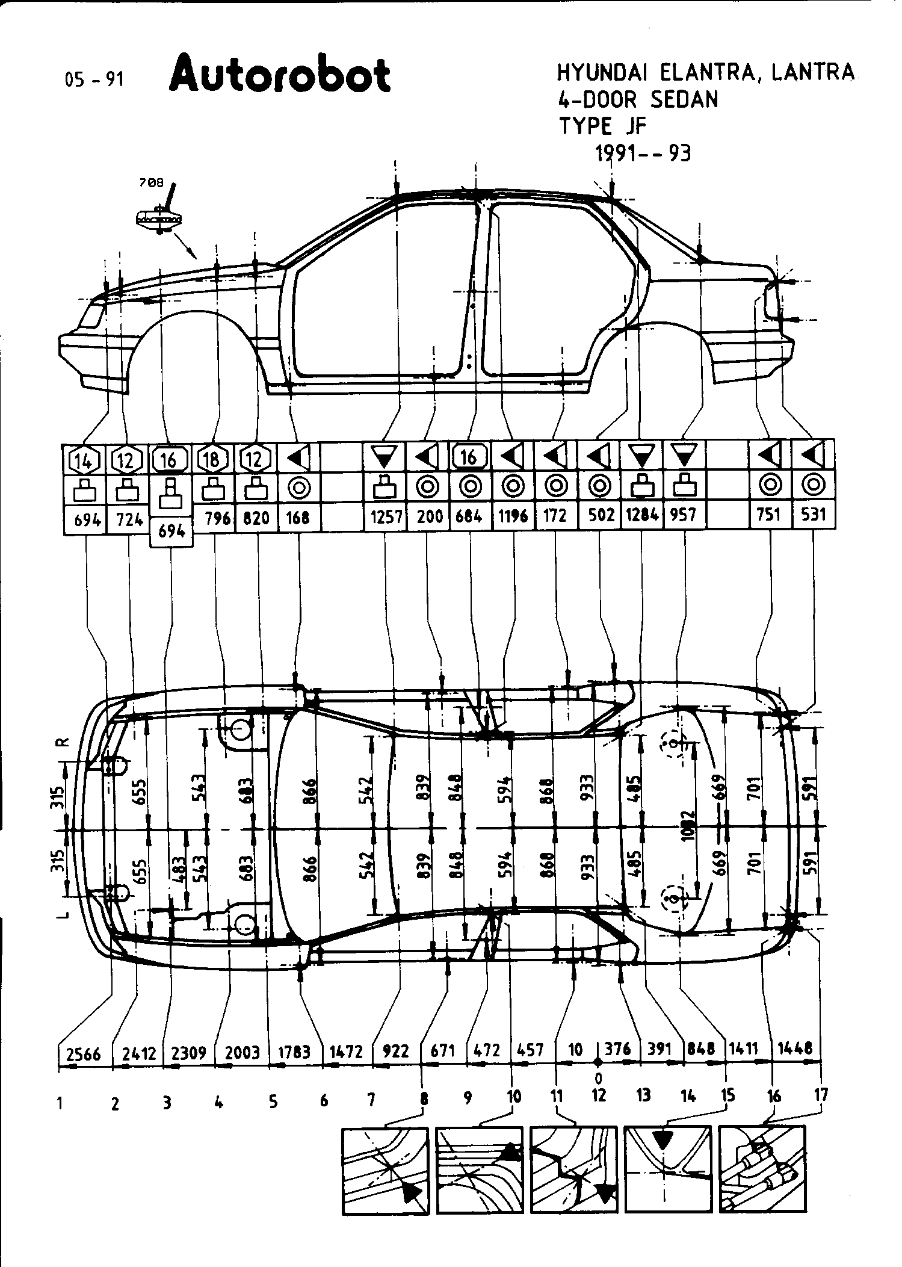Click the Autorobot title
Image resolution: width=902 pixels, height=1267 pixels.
click(280, 75)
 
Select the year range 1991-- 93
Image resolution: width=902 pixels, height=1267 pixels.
click(643, 154)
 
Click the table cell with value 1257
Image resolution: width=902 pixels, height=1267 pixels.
click(385, 516)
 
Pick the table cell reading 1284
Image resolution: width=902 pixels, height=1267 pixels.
click(642, 515)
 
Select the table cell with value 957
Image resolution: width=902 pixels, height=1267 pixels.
click(684, 515)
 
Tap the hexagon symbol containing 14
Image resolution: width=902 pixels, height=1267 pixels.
click(84, 461)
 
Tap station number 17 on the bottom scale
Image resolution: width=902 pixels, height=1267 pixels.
click(821, 1095)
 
